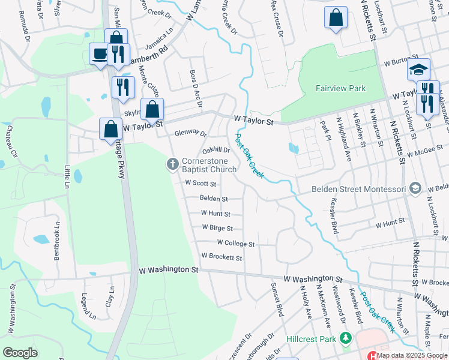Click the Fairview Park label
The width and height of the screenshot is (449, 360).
pyautogui.click(x=340, y=88)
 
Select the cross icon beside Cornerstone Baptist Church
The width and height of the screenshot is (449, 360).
pyautogui.click(x=172, y=164)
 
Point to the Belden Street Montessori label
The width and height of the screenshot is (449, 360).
pyautogui.click(x=360, y=189)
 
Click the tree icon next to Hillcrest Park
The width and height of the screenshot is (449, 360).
pyautogui.click(x=345, y=339)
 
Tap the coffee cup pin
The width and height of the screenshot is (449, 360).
pyautogui.click(x=99, y=53)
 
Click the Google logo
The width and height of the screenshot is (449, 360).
pyautogui.click(x=20, y=353)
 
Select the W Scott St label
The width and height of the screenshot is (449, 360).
pyautogui.click(x=200, y=183)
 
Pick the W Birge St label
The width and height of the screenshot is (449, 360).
pyautogui.click(x=217, y=228)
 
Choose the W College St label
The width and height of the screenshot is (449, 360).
pyautogui.click(x=236, y=244)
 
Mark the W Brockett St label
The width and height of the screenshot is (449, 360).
pyautogui.click(x=221, y=257)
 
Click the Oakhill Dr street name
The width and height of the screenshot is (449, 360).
pyautogui.click(x=217, y=151)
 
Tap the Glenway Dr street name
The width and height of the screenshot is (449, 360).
pyautogui.click(x=190, y=134)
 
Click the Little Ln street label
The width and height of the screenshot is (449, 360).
pyautogui.click(x=67, y=177)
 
